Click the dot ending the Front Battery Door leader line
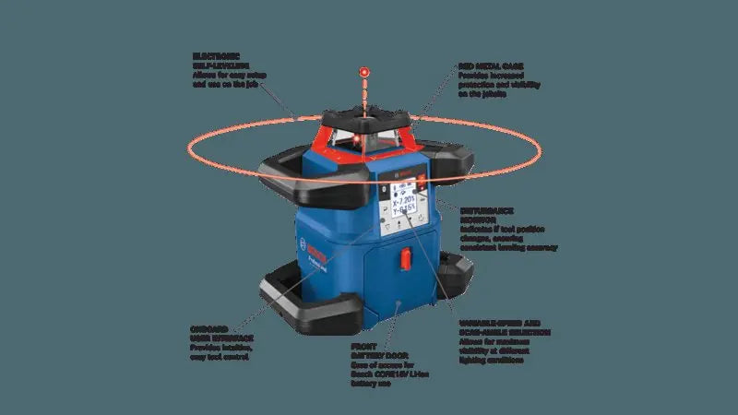click(x=397, y=302)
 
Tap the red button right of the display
click(x=425, y=184)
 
